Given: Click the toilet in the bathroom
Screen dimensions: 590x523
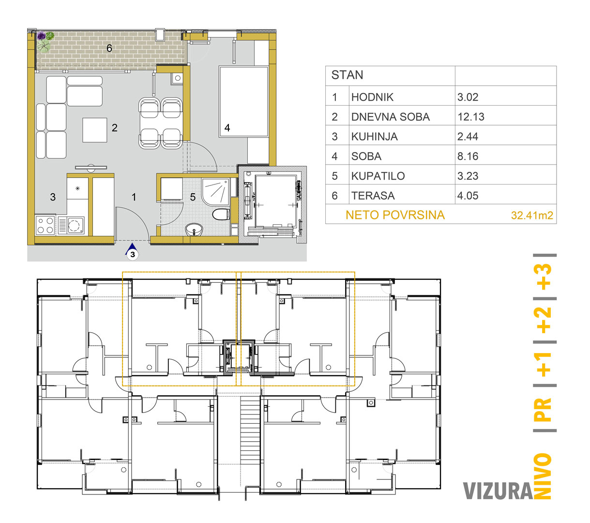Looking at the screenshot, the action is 221,215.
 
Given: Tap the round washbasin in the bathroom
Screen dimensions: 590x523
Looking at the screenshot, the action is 194,230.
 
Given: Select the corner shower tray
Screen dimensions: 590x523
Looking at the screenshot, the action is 216,191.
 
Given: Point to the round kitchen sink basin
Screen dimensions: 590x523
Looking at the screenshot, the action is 74,225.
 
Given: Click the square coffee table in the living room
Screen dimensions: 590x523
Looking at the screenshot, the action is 95,130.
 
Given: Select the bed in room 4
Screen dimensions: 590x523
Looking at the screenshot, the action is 244,101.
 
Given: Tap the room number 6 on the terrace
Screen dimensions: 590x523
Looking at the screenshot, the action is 109,48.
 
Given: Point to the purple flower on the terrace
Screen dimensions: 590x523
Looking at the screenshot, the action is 41,36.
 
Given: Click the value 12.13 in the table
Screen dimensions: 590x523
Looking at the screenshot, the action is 470,117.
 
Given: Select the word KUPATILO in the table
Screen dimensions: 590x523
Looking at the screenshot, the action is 378,176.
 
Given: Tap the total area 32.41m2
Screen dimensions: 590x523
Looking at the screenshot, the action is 532,215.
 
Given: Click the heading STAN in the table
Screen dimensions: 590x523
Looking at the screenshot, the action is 347,75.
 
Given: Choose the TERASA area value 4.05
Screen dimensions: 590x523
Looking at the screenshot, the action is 468,196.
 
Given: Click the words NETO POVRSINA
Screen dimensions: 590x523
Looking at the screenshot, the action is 395,215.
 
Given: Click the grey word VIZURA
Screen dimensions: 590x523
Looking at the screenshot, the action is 498,491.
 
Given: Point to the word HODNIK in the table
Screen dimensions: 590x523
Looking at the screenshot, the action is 372,97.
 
